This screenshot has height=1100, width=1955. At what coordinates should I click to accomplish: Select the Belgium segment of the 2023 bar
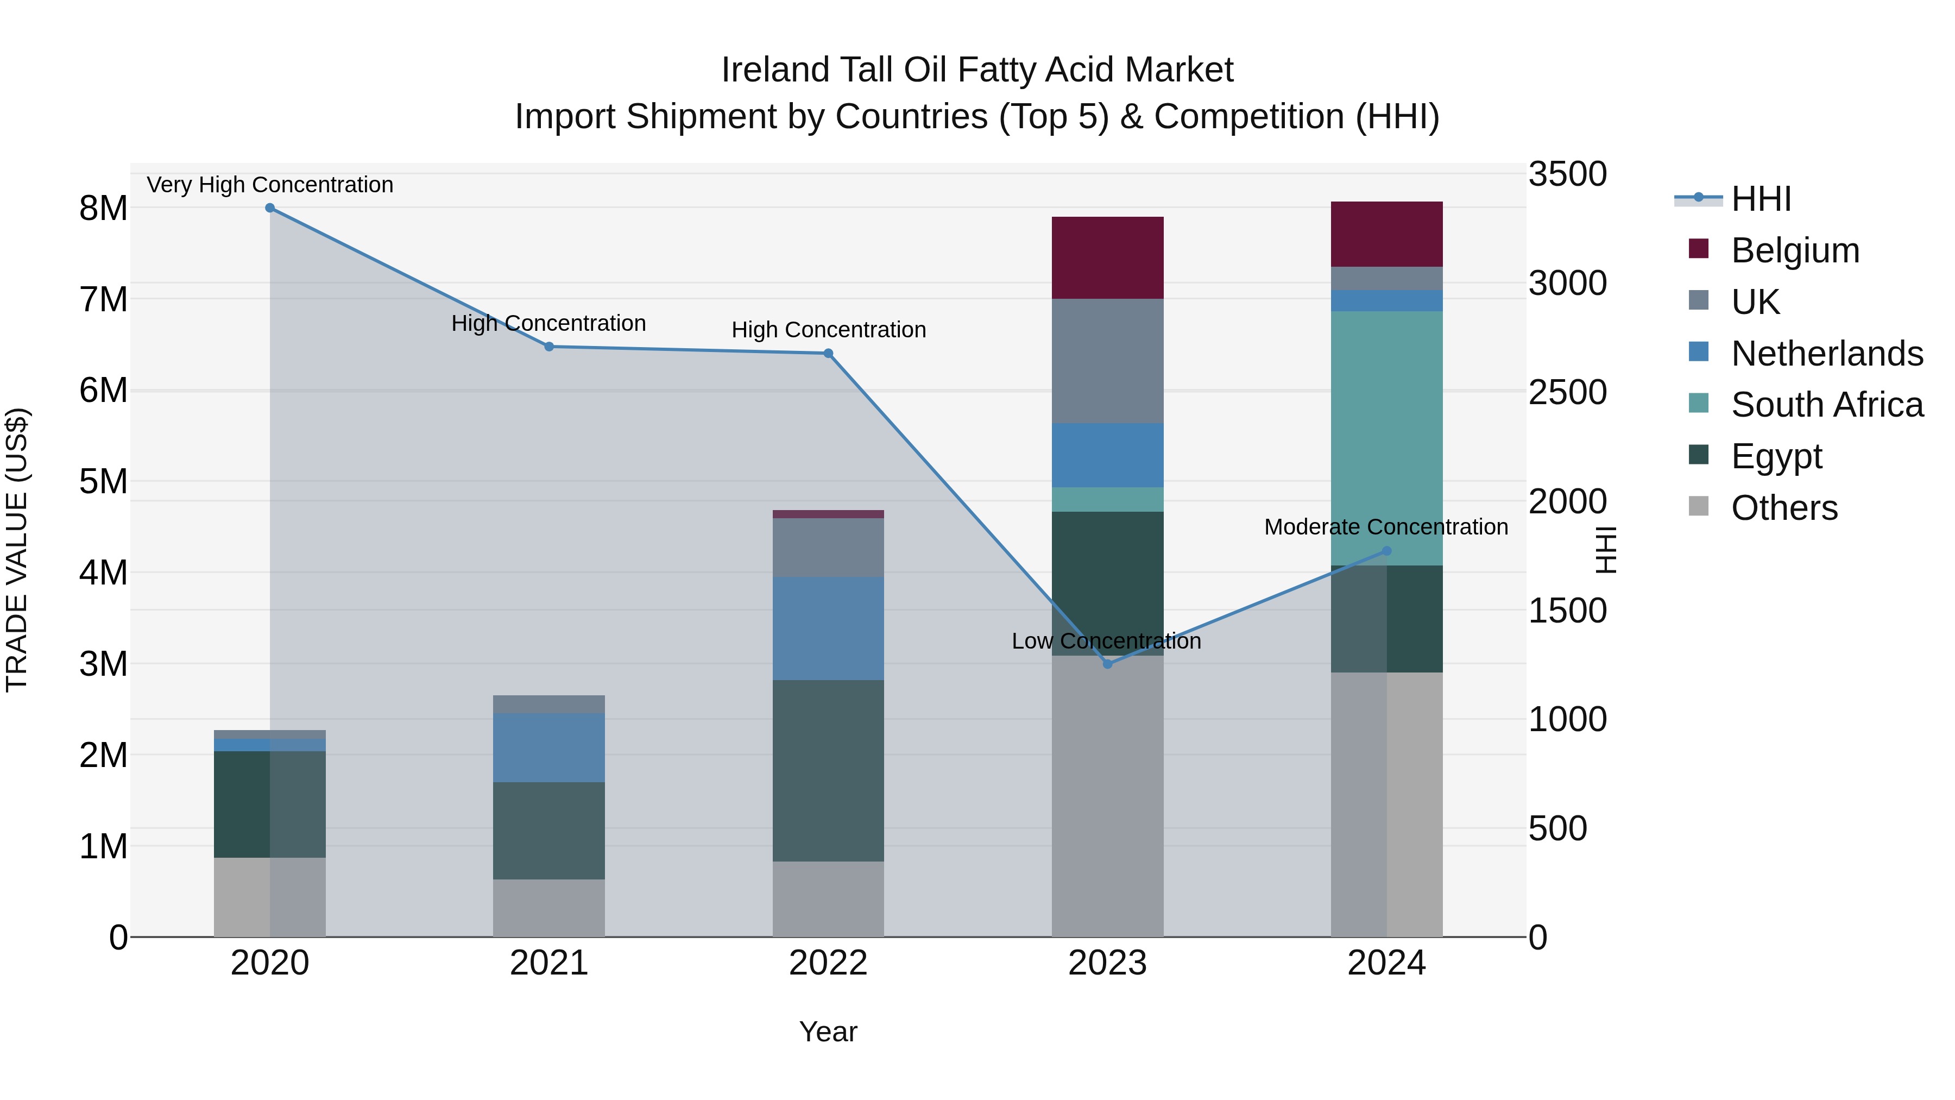coord(1107,257)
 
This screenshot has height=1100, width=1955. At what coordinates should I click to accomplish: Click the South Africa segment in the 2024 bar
coord(1386,438)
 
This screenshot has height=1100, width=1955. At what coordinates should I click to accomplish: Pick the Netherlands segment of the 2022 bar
coord(828,628)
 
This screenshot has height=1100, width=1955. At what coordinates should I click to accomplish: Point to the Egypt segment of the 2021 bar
coord(548,831)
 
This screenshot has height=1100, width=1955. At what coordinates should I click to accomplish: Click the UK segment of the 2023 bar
coord(1107,361)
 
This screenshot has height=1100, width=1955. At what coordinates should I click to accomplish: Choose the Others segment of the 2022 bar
coord(828,899)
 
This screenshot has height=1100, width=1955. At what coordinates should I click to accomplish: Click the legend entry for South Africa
coord(1827,405)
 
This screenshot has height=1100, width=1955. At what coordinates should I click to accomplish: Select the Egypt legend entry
coord(1776,456)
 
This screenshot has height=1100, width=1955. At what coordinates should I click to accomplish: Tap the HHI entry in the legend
coord(1761,199)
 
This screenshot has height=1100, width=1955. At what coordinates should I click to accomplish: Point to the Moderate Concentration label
coord(1386,527)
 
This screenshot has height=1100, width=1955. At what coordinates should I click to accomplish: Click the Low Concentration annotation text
coord(1106,641)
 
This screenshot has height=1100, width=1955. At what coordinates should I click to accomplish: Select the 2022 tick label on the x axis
coord(828,963)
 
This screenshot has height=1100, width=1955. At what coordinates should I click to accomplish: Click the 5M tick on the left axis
coord(103,481)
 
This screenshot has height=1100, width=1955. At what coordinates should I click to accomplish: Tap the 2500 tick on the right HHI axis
coord(1567,393)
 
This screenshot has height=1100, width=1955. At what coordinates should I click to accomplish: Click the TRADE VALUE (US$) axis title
coord(17,550)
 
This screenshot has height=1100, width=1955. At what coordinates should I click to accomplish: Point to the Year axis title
coord(828,1032)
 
